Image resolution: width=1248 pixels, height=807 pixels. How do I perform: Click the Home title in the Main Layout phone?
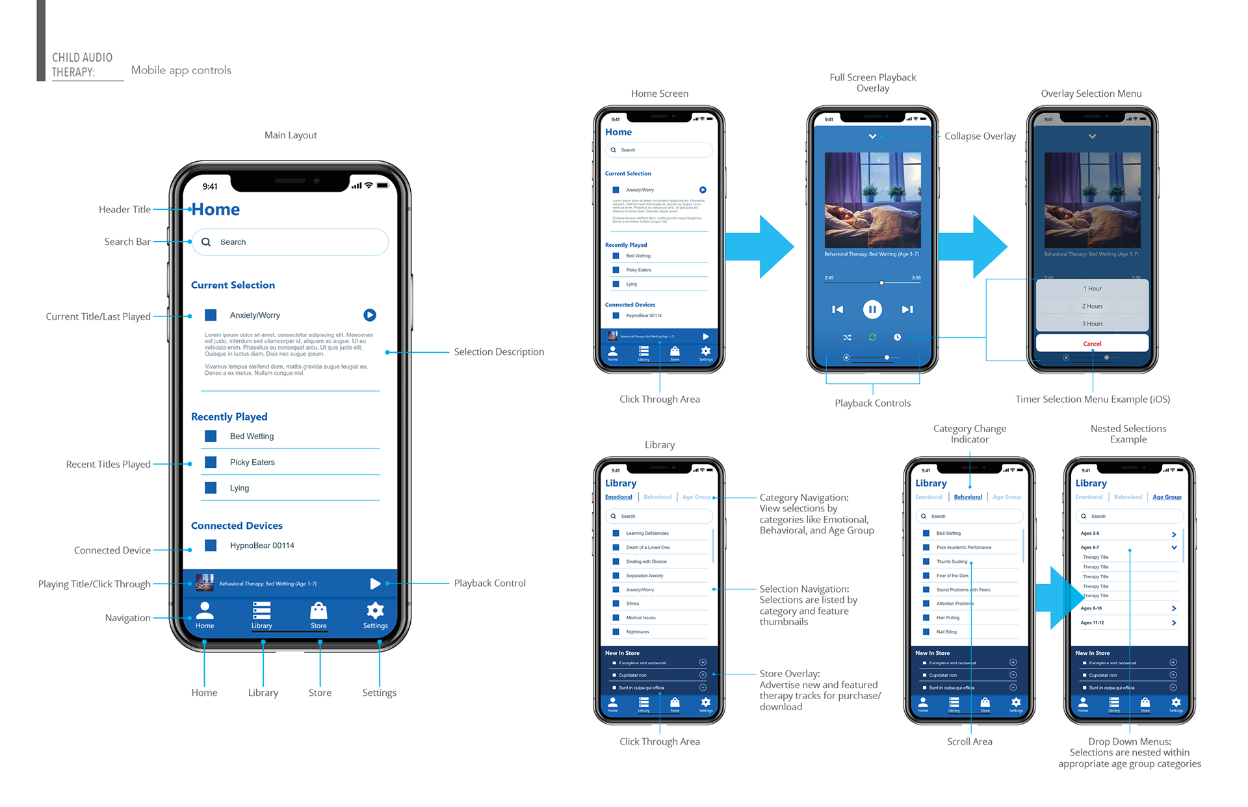(216, 209)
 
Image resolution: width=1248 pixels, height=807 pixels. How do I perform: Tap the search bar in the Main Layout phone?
(290, 242)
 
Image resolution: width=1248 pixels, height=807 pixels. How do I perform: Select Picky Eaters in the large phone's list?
(252, 462)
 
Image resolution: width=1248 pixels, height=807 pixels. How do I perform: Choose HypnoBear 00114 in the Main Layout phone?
(261, 545)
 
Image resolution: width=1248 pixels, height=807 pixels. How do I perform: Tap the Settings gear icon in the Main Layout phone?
(375, 610)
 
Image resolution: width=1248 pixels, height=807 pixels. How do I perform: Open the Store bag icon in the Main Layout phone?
(318, 610)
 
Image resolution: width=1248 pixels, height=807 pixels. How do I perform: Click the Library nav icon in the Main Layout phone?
(261, 610)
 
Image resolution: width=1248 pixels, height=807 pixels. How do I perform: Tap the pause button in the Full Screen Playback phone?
(872, 309)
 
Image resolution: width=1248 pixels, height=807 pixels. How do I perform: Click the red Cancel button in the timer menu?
(1092, 344)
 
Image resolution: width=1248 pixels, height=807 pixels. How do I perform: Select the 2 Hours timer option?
(1092, 306)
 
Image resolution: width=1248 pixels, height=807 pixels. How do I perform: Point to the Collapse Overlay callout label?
(980, 136)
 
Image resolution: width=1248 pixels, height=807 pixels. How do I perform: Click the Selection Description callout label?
(499, 352)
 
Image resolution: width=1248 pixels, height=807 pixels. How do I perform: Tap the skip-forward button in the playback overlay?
(907, 309)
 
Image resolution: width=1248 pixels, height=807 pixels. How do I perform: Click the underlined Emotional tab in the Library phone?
(618, 497)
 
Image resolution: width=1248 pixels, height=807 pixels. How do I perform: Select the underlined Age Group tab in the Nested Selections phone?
(1167, 497)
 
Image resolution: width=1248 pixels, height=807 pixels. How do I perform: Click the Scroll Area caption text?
(969, 741)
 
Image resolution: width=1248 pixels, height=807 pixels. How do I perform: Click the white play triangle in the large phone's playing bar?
(375, 583)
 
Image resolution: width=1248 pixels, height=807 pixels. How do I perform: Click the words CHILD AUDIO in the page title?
(82, 58)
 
